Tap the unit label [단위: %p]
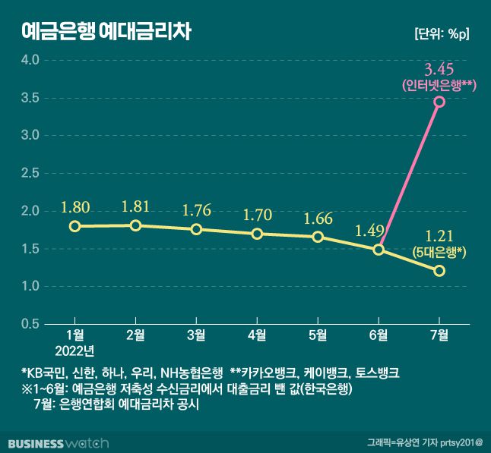tap(442, 34)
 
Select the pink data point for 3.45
tap(439, 102)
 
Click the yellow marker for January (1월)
tap(74, 226)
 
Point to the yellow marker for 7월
tap(439, 271)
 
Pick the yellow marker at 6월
tap(379, 250)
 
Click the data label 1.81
tap(135, 206)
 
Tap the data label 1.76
tap(196, 210)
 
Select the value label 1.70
tap(257, 215)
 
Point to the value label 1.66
tap(318, 219)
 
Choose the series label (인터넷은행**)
tap(439, 86)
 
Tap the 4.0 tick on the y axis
tap(30, 59)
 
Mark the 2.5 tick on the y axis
tap(30, 173)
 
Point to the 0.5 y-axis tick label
tap(30, 324)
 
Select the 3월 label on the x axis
tap(196, 335)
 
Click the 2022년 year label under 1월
tap(75, 350)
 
